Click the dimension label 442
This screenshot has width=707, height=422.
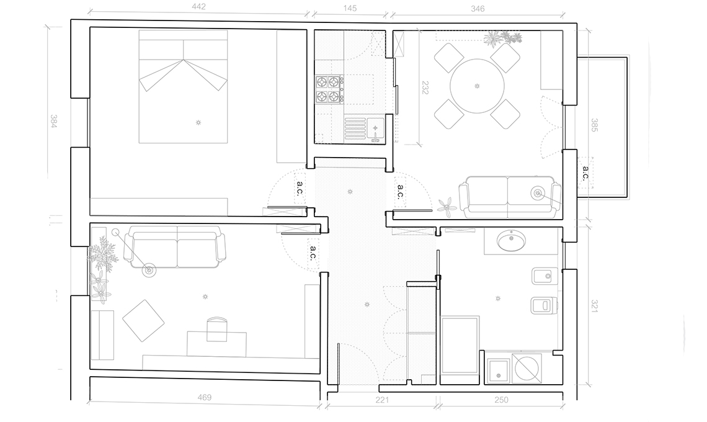click(x=198, y=7)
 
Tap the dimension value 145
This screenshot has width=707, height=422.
click(x=350, y=8)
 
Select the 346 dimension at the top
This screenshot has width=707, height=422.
click(x=478, y=9)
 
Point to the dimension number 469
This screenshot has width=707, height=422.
click(x=204, y=398)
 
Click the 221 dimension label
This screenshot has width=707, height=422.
click(x=382, y=400)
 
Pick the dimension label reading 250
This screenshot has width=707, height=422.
click(x=501, y=400)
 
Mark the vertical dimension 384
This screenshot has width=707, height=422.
click(x=54, y=122)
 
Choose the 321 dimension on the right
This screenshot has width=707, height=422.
click(x=594, y=305)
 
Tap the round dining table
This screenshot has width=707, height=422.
click(x=477, y=86)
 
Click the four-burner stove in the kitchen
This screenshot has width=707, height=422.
click(x=328, y=89)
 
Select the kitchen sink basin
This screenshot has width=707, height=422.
click(x=375, y=128)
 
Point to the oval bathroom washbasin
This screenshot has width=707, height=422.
click(x=511, y=241)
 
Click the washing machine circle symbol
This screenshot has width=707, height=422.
click(x=526, y=367)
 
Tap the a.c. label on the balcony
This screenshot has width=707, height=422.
click(x=585, y=173)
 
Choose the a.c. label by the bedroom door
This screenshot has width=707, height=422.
click(x=300, y=189)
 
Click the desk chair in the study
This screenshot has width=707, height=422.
click(x=217, y=328)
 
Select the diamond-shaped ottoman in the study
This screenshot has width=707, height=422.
click(x=143, y=320)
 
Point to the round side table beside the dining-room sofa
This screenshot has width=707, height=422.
click(x=538, y=193)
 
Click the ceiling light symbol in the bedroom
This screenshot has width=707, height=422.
click(x=198, y=122)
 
